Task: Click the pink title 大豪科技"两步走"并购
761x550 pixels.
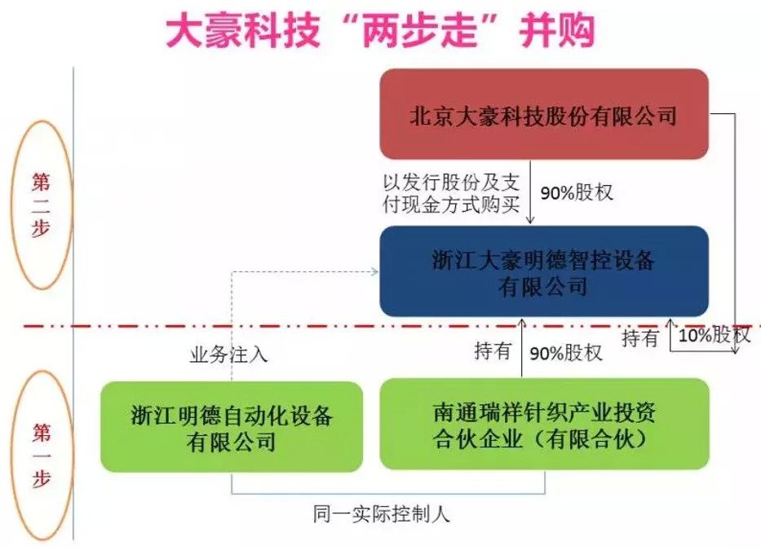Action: [380, 30]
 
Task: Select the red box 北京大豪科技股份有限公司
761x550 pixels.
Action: [544, 114]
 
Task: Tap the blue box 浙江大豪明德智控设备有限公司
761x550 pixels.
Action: [544, 271]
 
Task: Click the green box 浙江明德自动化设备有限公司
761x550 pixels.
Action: [232, 427]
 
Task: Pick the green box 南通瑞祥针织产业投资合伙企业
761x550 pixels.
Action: [544, 425]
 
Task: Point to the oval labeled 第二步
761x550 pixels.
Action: [42, 205]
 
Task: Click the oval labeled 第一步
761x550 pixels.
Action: [42, 455]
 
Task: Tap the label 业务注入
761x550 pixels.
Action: [228, 354]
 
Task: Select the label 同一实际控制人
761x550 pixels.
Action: [381, 513]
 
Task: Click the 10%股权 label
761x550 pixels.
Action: [714, 335]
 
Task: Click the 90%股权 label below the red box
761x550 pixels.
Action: [577, 192]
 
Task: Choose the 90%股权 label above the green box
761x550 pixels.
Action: [566, 353]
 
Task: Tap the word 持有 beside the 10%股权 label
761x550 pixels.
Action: [639, 337]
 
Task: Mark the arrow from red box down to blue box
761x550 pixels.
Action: [530, 192]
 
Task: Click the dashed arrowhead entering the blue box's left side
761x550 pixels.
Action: [374, 271]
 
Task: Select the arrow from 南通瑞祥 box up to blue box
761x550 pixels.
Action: [522, 348]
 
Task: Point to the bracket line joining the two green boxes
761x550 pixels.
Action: [387, 494]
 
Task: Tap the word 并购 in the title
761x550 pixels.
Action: [558, 30]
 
